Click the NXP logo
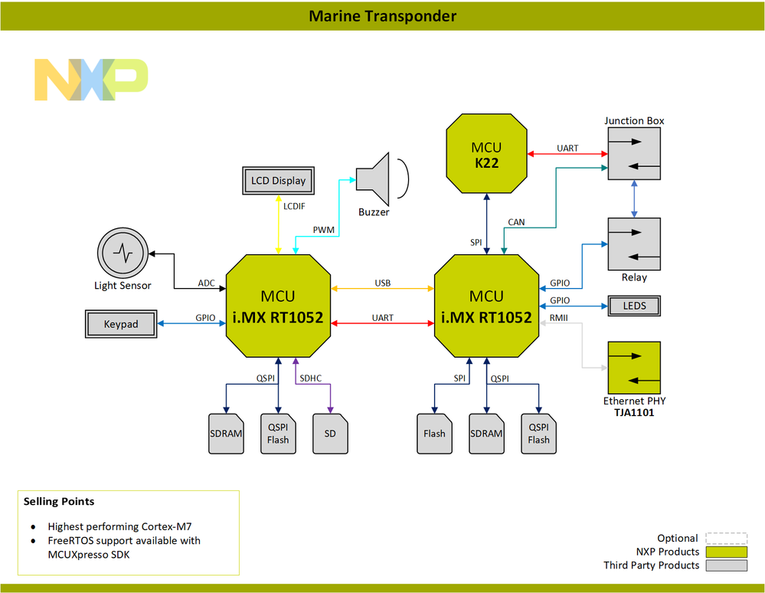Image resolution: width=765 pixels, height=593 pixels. pos(91,79)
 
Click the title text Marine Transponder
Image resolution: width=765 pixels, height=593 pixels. pos(382,16)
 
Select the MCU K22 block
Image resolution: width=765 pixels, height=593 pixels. pos(486,154)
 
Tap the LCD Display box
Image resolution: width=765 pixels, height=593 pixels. pos(278,181)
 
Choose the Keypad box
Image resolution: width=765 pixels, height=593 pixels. pos(121,324)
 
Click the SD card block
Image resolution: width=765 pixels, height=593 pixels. pos(330,434)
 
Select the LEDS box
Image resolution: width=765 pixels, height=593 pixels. pos(634,306)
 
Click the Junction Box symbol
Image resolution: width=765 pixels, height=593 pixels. pos(634,153)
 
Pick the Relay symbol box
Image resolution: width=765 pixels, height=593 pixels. pos(634,244)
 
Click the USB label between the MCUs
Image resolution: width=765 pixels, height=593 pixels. pos(382,283)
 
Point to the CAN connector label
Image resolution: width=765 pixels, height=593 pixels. pos(516,222)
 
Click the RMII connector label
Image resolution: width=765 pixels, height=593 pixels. pos(559,317)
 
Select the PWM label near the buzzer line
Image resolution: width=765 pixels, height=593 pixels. pos(323,230)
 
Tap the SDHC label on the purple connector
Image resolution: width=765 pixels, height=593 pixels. pos(311,378)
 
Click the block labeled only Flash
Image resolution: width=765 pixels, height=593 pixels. pos(434,434)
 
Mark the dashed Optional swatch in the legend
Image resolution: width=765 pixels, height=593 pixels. pos(725,538)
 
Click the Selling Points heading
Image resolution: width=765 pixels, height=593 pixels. pos(59,501)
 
